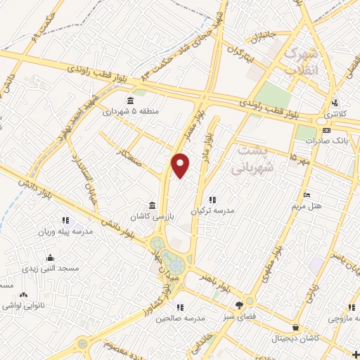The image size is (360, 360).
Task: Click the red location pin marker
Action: click(x=181, y=165)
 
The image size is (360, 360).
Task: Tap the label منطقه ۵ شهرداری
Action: click(x=127, y=111)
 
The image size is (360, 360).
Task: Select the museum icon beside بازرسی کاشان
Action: click(x=153, y=205)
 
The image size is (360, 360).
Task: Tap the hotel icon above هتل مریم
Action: click(x=306, y=195)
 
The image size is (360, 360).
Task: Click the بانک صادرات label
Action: click(x=326, y=141)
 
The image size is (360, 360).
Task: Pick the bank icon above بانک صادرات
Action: click(x=326, y=130)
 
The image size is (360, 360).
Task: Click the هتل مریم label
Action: click(x=307, y=207)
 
